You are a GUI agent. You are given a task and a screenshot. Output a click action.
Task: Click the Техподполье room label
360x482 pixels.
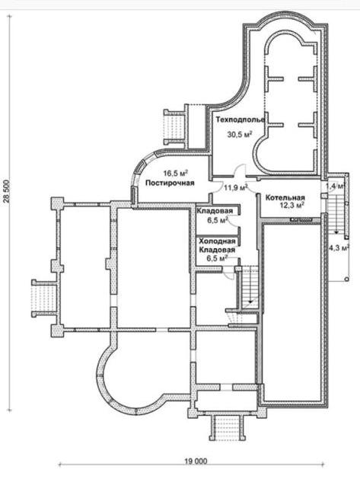[240, 120]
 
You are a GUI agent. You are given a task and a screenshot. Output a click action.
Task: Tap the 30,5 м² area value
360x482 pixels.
[240, 134]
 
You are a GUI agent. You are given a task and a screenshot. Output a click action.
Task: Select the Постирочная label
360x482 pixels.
[170, 183]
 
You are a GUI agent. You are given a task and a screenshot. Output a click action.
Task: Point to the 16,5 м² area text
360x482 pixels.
[175, 173]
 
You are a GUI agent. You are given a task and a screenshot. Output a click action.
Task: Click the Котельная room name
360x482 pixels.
[285, 198]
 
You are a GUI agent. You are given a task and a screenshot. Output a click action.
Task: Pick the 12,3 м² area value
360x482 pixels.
[292, 206]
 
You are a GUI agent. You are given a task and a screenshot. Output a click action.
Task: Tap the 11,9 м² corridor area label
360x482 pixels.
[236, 187]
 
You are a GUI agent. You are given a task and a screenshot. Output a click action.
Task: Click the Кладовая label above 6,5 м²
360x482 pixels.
[215, 211]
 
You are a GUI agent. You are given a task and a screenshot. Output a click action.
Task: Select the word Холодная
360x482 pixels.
[217, 241]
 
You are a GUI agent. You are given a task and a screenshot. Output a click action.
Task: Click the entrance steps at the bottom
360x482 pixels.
[228, 428]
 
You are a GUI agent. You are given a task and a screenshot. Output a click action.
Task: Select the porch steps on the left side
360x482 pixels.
[44, 298]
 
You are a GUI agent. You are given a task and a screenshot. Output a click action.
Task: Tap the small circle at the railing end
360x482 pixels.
[346, 279]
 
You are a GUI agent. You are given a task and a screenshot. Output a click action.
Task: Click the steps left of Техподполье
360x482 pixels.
[174, 127]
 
